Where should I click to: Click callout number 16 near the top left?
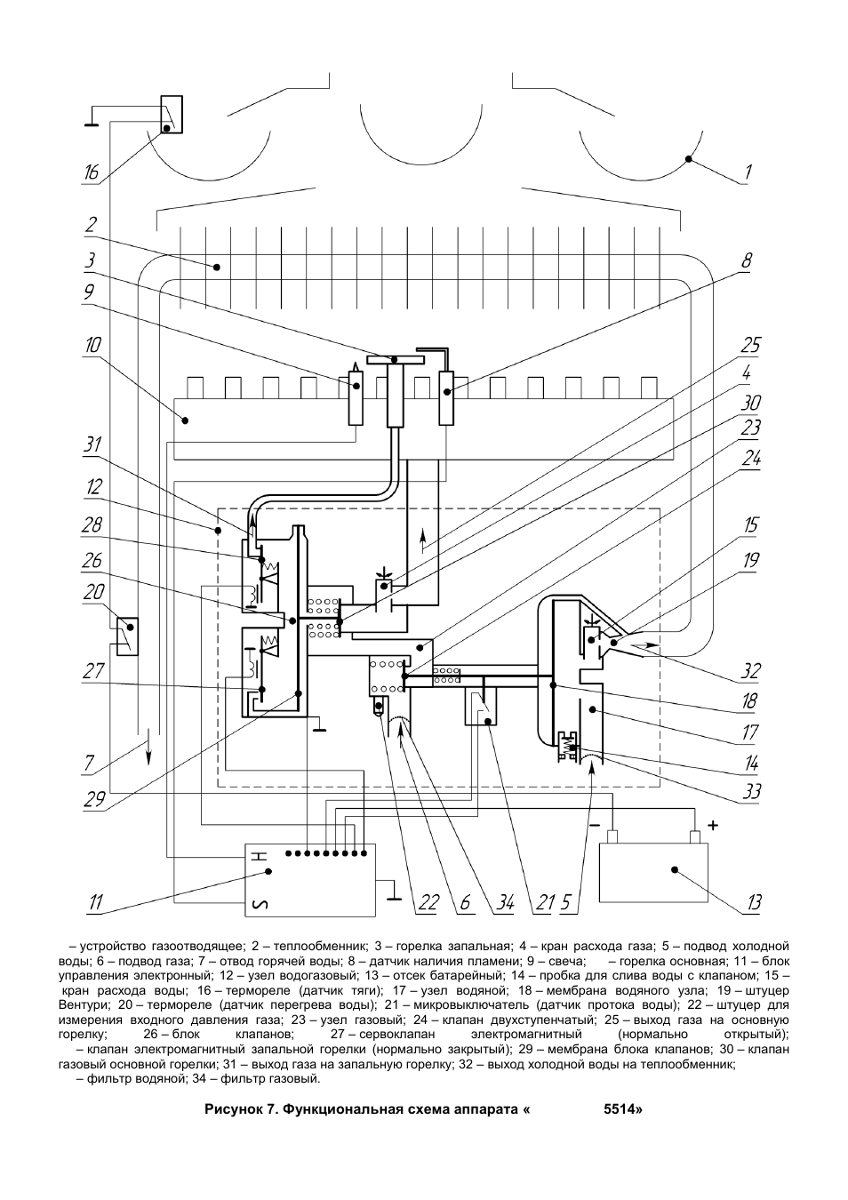pos(92,172)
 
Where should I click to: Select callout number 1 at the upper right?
pos(748,172)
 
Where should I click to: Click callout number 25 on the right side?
pos(750,346)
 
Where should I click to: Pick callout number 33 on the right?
pos(751,791)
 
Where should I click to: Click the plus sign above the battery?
pos(713,825)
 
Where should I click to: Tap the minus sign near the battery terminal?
pos(595,826)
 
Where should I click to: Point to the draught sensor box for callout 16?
pos(172,114)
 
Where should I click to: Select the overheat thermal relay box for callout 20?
pos(127,636)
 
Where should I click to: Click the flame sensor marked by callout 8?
pos(445,397)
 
